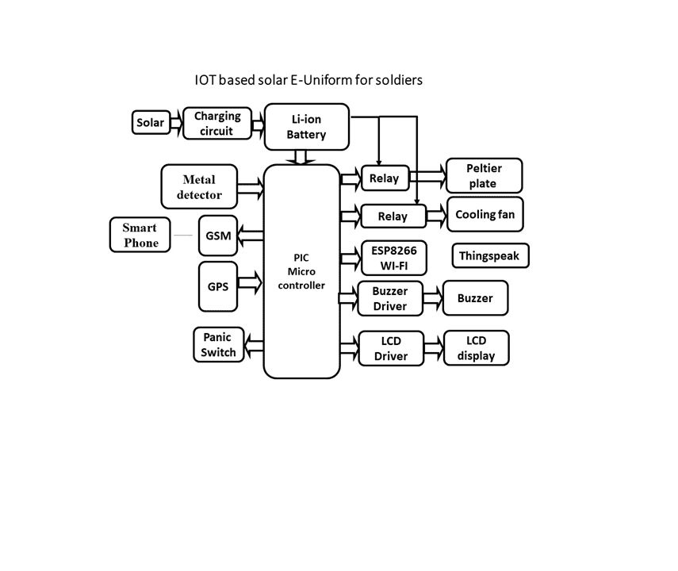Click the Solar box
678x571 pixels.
pos(151,123)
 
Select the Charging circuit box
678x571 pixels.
pos(216,124)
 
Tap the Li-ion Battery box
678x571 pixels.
pos(306,126)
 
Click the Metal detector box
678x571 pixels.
pos(200,186)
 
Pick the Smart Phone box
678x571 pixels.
pos(140,235)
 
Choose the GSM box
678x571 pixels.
pos(218,236)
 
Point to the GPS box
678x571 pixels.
pos(218,285)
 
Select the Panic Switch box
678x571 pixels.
pos(218,345)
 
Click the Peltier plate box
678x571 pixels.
pos(485,176)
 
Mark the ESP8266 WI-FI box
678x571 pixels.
pos(389,256)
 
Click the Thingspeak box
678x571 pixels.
pos(490,256)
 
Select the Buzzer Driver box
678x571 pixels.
pos(389,299)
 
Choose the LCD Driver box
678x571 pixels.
pos(390,349)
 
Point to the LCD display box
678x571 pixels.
pos(476,348)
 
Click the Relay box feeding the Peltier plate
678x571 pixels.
pos(385,178)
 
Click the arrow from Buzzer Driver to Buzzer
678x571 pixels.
pos(432,298)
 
